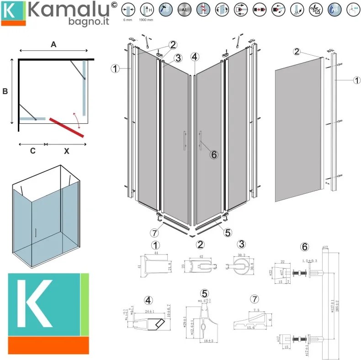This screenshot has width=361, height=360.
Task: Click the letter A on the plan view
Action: (53, 44)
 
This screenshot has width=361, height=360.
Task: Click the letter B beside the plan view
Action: (5, 91)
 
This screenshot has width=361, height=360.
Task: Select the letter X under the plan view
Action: (66, 152)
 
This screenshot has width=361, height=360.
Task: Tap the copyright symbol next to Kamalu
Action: (114, 5)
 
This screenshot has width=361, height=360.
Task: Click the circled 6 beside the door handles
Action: (214, 154)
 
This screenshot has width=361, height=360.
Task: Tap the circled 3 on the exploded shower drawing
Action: (178, 58)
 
